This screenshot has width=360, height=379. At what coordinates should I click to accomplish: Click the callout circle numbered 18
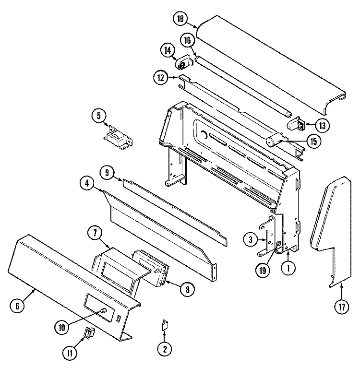pyautogui.click(x=180, y=19)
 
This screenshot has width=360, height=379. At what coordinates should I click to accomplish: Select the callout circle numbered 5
pyautogui.click(x=99, y=116)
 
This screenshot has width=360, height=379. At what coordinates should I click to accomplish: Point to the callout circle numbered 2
pyautogui.click(x=164, y=349)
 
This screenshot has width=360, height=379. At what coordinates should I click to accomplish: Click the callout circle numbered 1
pyautogui.click(x=288, y=269)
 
